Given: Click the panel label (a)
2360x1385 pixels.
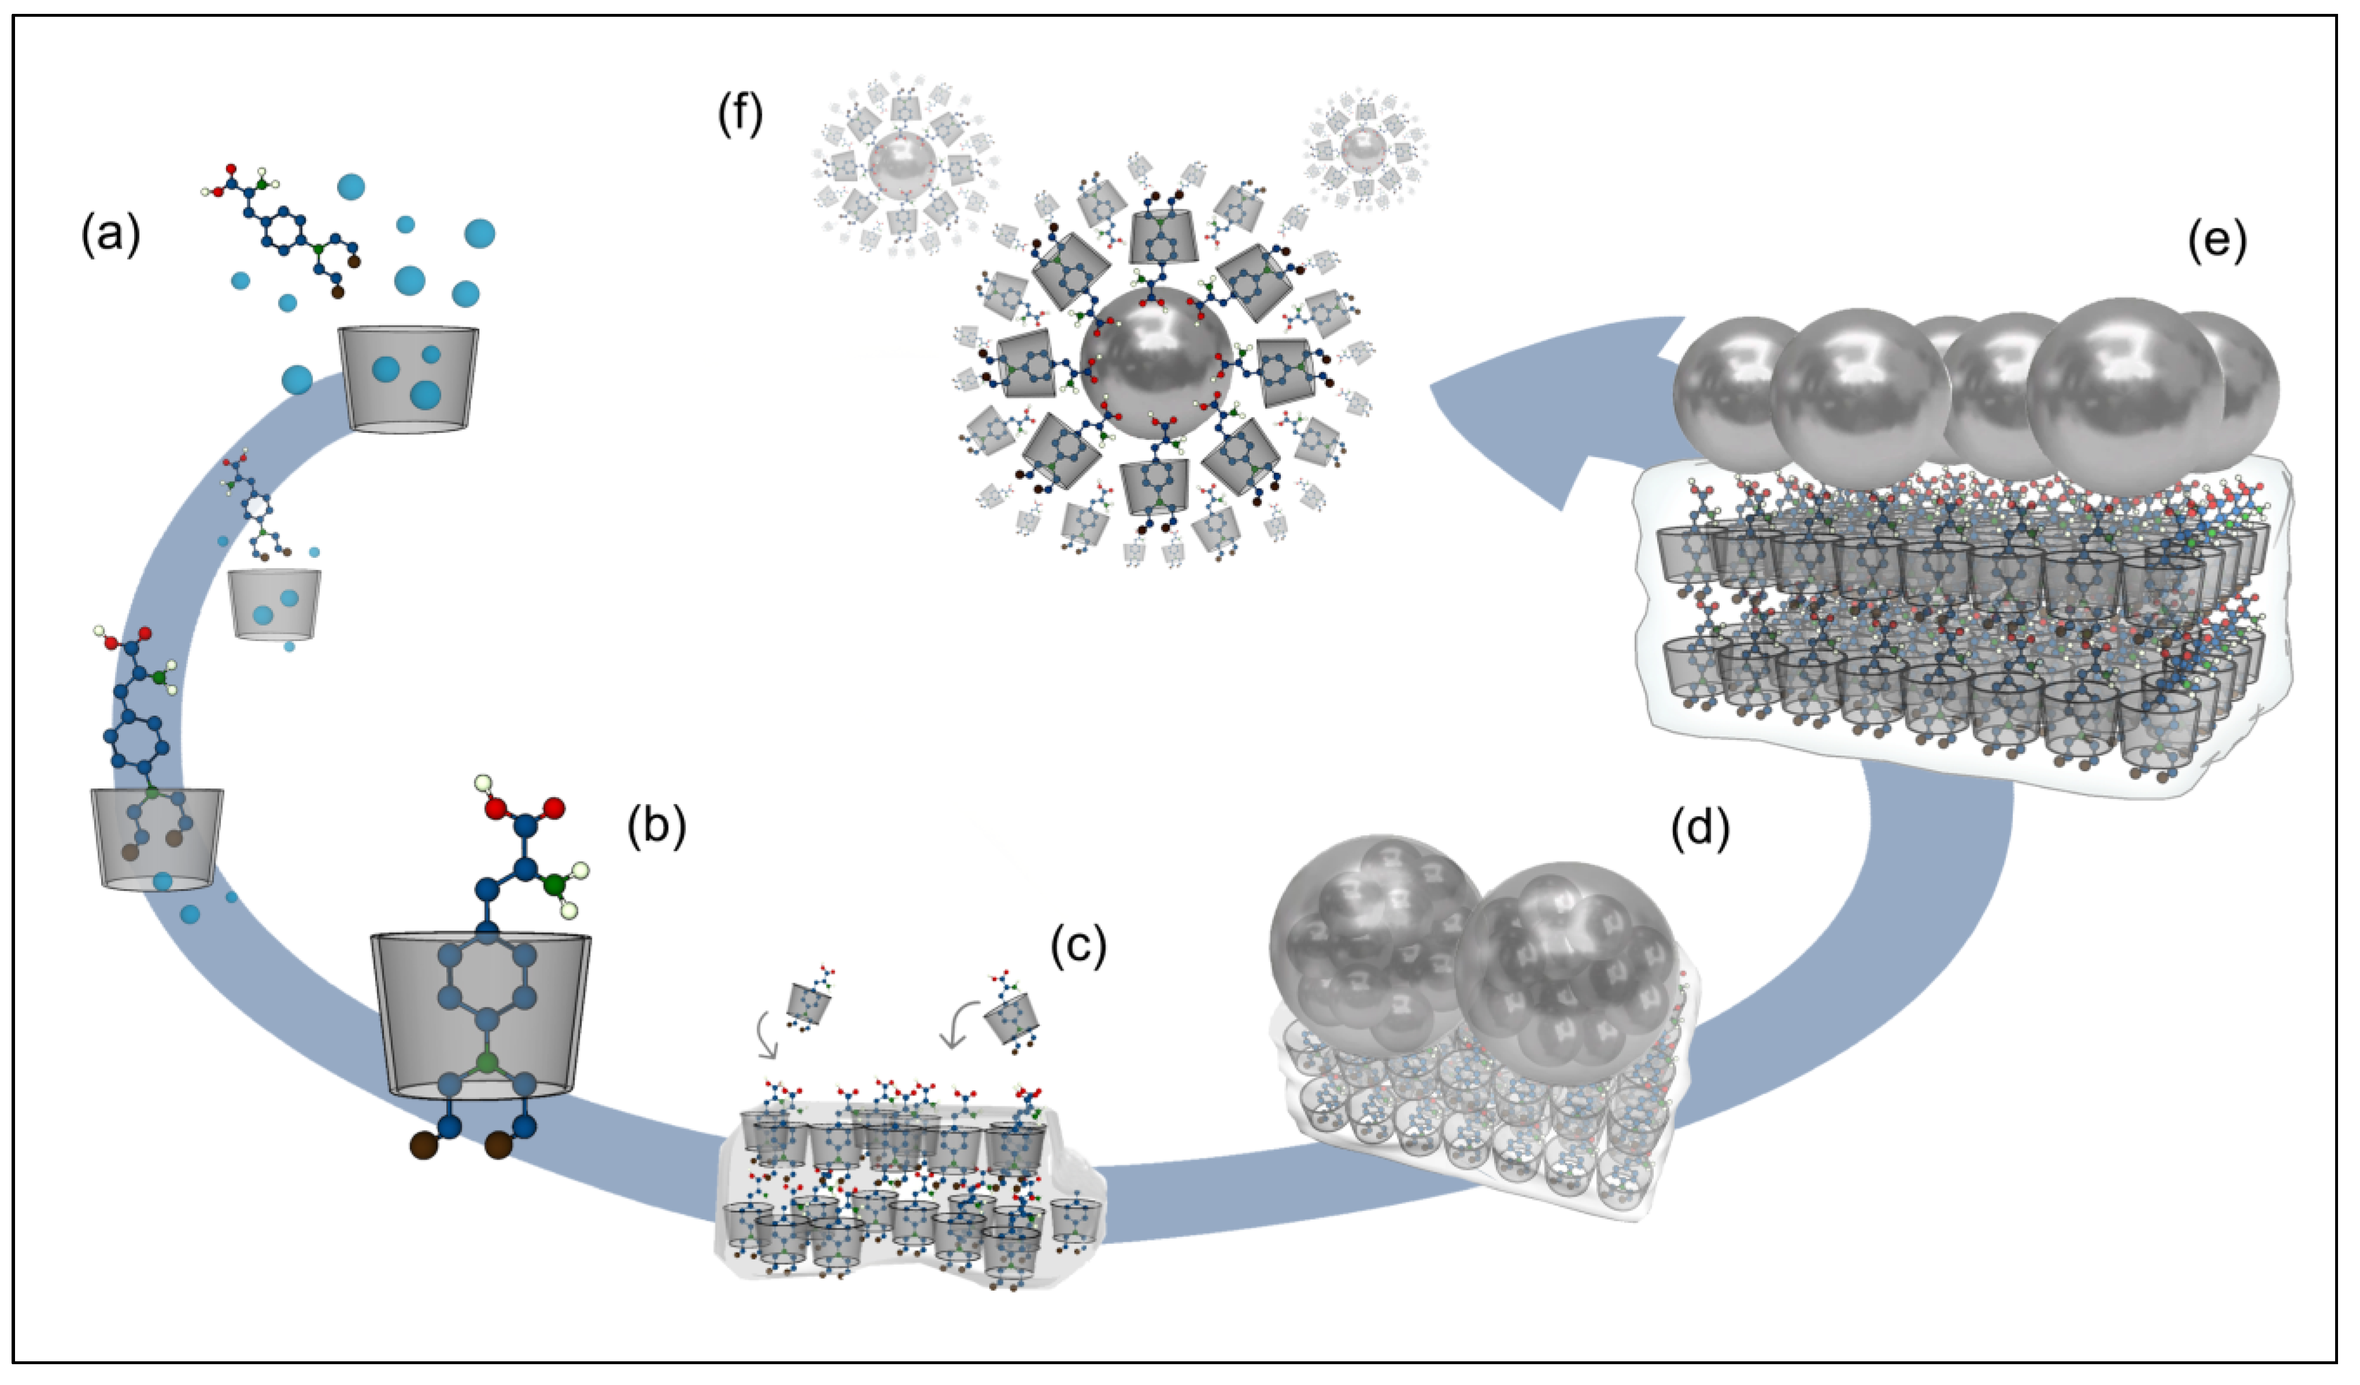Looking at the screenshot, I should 110,234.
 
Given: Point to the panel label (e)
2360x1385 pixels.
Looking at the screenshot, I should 2217,242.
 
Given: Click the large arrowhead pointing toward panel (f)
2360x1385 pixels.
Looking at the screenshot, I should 1536,412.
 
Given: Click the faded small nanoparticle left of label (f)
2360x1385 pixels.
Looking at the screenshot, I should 902,165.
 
